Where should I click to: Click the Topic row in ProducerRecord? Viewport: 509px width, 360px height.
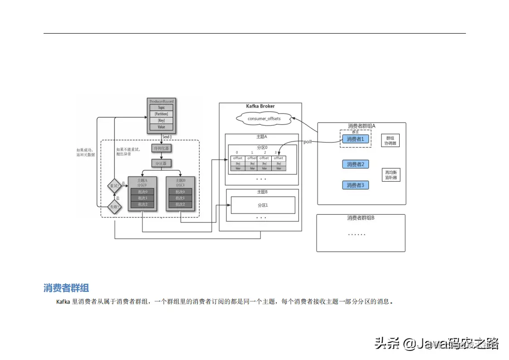pyautogui.click(x=162, y=108)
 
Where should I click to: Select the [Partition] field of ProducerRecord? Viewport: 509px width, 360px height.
pyautogui.click(x=162, y=114)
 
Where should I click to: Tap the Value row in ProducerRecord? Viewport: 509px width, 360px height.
pyautogui.click(x=162, y=127)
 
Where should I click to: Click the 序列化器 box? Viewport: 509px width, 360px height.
pyautogui.click(x=162, y=148)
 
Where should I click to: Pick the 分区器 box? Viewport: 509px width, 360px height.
pyautogui.click(x=162, y=163)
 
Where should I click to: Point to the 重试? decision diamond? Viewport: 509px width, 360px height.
pyautogui.click(x=114, y=185)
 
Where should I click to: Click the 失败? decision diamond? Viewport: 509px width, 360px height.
pyautogui.click(x=114, y=207)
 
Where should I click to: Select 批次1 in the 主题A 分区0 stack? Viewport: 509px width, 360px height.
pyautogui.click(x=142, y=198)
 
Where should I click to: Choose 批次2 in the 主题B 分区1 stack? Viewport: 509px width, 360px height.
pyautogui.click(x=181, y=205)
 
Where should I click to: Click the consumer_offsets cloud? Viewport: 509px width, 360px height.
pyautogui.click(x=264, y=118)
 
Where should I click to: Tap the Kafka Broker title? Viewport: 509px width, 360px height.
pyautogui.click(x=260, y=106)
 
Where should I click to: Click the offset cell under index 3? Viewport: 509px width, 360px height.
pyautogui.click(x=279, y=158)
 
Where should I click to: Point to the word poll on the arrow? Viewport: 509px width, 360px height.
pyautogui.click(x=308, y=142)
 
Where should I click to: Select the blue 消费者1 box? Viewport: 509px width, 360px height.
pyautogui.click(x=355, y=139)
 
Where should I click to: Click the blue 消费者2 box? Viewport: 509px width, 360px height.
pyautogui.click(x=355, y=164)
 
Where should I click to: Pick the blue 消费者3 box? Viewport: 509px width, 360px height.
pyautogui.click(x=355, y=185)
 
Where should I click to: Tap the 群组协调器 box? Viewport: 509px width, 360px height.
pyautogui.click(x=391, y=141)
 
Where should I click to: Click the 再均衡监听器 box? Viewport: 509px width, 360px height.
pyautogui.click(x=391, y=175)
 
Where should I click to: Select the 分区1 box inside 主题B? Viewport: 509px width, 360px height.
pyautogui.click(x=263, y=205)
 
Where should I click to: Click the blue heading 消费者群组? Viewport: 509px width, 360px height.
pyautogui.click(x=66, y=288)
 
